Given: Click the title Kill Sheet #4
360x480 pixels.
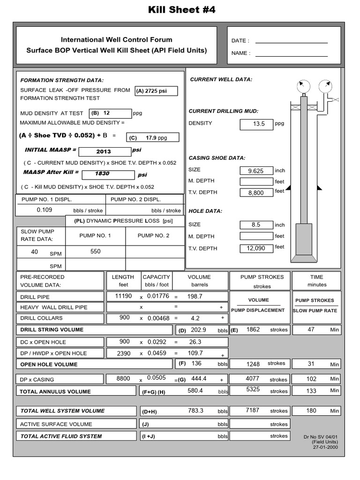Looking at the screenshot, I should pos(182,10).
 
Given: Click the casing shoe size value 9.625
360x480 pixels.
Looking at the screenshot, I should pos(256,171).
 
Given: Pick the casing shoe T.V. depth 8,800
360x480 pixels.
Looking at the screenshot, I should pos(256,193).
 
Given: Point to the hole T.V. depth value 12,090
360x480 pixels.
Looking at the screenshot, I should pos(256,248).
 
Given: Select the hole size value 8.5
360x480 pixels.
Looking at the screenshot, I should pos(256,225).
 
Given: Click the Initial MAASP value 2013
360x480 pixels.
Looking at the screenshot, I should pos(104,151).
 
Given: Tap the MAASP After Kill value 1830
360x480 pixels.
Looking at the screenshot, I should pos(102,173).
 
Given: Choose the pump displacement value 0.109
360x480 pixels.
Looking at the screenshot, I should pos(45,210).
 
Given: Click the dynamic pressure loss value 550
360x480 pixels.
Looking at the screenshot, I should pos(95,252).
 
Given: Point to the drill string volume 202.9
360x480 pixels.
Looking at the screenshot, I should pos(198,330).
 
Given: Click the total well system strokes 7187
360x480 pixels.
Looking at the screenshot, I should pos(252,410).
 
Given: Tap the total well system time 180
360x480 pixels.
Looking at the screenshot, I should pos(311,411).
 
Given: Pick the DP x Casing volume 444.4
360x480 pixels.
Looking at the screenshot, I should pos(199,379).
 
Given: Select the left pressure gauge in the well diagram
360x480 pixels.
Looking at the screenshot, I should pos(303,86).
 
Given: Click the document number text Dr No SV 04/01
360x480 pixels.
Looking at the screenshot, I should pos(321,436).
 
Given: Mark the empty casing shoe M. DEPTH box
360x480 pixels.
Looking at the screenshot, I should pos(256,182).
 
